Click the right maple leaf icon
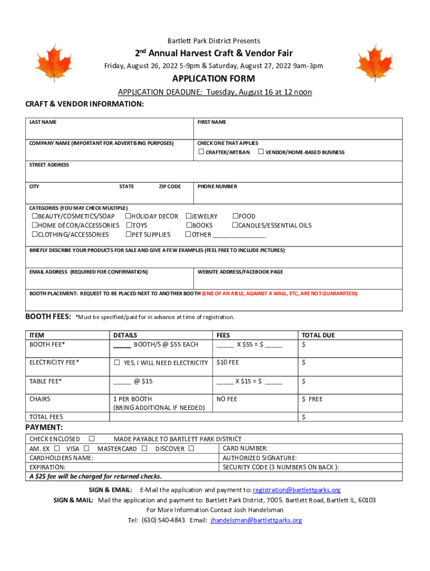[373, 62]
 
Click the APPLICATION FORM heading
[214, 79]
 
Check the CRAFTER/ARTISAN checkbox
[201, 152]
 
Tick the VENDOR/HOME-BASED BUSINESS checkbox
[260, 152]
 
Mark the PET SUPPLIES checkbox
[128, 235]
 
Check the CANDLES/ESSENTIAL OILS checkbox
[235, 225]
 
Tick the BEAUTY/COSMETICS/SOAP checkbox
[34, 216]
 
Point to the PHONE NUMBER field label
[217, 186]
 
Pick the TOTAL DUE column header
[318, 336]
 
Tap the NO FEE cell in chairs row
[227, 399]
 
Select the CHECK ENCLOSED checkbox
[92, 439]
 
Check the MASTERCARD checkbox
[144, 449]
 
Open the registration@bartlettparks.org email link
[297, 490]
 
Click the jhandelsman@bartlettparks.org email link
[256, 520]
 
